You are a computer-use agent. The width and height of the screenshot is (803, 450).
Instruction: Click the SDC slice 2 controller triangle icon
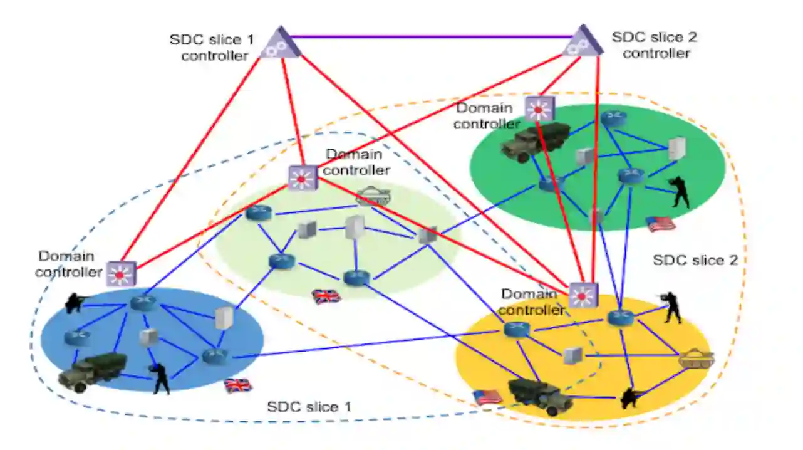click(x=582, y=41)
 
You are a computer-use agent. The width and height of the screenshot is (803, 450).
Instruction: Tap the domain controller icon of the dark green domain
click(x=537, y=109)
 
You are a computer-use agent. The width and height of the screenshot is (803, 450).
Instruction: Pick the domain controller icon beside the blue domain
click(x=121, y=273)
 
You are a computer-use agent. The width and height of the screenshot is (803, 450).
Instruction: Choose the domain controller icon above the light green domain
click(x=303, y=178)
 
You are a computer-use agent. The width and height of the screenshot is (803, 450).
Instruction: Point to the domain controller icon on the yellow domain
click(x=583, y=295)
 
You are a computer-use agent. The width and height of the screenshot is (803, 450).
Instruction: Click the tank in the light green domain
click(x=373, y=197)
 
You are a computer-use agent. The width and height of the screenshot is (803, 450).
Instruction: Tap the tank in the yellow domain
click(x=696, y=358)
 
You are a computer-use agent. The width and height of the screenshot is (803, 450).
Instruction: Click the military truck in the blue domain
click(x=92, y=372)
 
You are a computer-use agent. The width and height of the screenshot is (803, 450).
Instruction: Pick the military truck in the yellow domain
click(x=539, y=395)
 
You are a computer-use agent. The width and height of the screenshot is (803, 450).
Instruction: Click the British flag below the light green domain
click(x=326, y=295)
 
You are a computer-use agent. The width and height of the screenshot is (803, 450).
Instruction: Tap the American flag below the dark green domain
click(x=660, y=224)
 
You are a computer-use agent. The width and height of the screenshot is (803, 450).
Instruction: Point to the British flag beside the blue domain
click(x=237, y=385)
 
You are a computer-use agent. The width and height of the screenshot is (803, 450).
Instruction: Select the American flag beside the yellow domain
click(x=487, y=397)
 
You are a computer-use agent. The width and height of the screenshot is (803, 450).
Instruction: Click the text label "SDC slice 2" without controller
click(x=695, y=260)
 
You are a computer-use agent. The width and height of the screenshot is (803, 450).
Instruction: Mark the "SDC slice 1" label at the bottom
click(x=309, y=407)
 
